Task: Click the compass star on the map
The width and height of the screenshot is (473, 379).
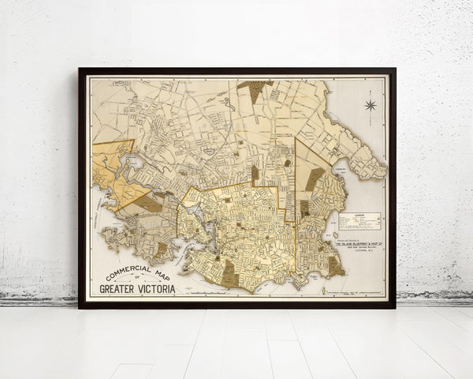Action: (x=370, y=105)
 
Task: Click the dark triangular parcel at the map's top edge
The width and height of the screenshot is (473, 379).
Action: (x=254, y=88)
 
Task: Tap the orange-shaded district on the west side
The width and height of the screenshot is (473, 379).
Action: (x=114, y=170)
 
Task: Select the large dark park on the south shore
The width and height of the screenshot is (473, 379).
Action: (x=230, y=272)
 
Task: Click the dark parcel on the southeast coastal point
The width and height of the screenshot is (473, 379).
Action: (x=335, y=267)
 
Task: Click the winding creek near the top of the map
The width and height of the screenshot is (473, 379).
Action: (x=229, y=103)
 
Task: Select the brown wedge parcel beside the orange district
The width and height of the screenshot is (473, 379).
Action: (x=147, y=203)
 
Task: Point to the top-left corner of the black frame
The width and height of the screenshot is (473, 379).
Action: (x=80, y=70)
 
